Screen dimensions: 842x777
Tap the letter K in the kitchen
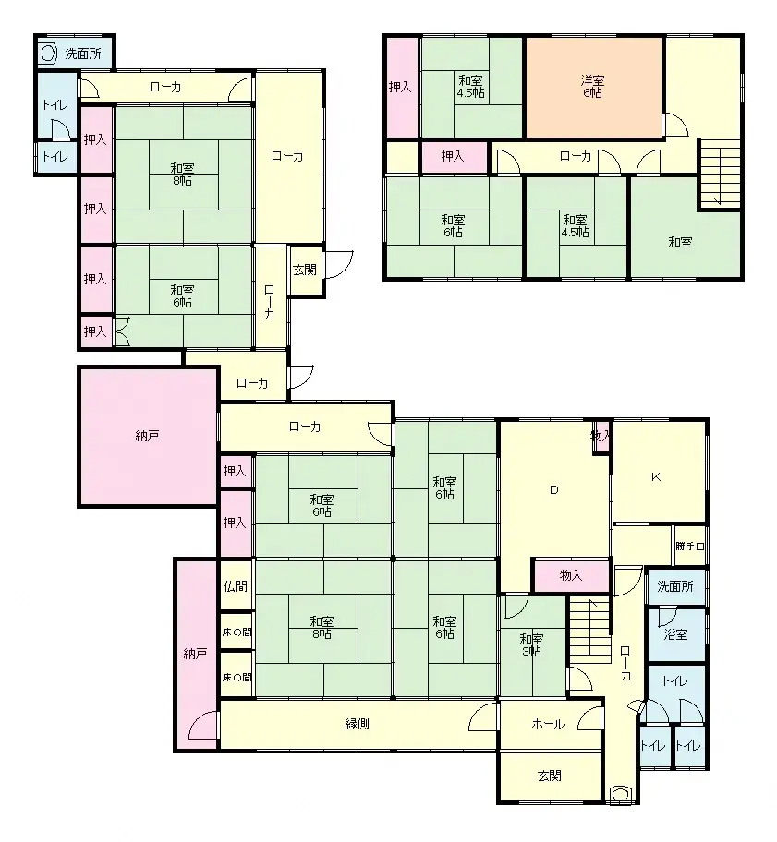click(656, 477)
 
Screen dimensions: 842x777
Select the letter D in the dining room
click(554, 490)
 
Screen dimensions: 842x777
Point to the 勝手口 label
click(689, 547)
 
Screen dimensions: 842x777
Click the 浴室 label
click(675, 634)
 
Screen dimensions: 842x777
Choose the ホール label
click(547, 725)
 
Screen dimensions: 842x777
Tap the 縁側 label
click(358, 725)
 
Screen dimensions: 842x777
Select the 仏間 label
click(235, 586)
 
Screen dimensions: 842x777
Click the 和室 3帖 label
click(531, 644)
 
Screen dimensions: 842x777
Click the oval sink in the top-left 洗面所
click(48, 54)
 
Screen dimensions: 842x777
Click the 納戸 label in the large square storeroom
click(147, 435)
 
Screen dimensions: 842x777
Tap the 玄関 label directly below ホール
click(549, 776)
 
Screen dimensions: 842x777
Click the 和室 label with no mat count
click(681, 243)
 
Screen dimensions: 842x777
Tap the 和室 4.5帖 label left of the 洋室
click(471, 87)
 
